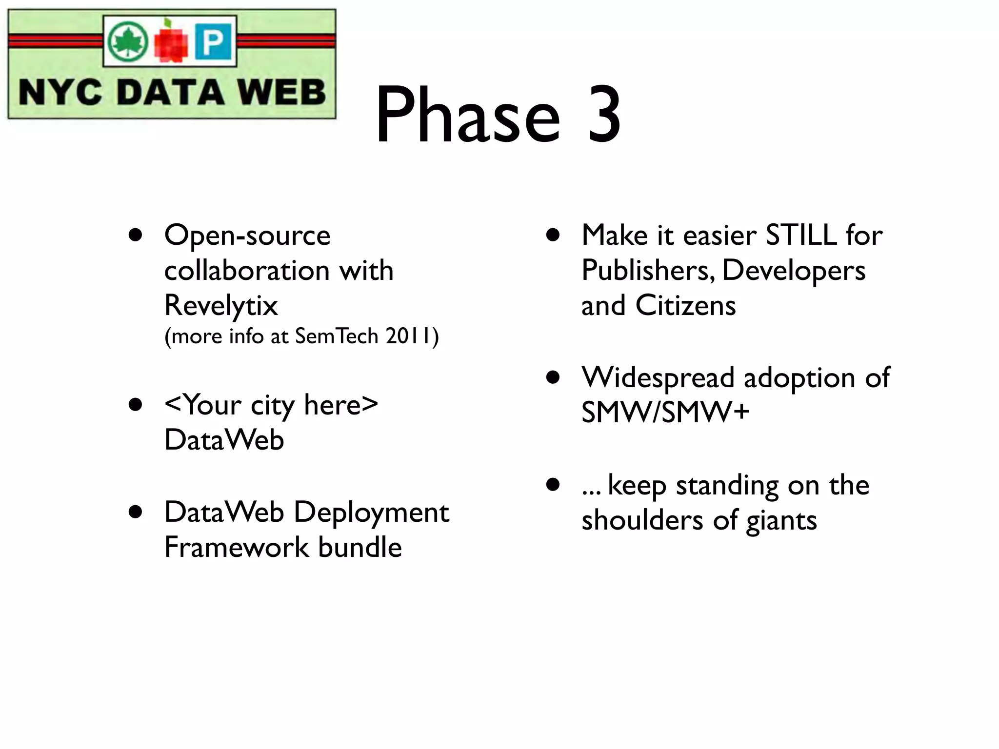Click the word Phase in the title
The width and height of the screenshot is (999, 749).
coord(467,116)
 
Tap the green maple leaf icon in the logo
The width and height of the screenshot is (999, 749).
coord(127,41)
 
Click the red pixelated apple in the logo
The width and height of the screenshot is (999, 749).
coord(171,43)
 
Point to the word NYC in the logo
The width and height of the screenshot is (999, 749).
coord(60,92)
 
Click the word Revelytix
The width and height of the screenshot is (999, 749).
coord(220,305)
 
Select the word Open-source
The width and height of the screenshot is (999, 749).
coord(247,236)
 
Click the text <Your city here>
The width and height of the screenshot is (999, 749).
coord(271,405)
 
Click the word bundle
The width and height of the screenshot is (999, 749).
coord(360,547)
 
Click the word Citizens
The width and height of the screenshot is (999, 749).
coord(685,306)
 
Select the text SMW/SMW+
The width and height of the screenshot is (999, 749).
coord(665,412)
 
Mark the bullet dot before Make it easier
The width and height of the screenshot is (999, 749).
coord(553,236)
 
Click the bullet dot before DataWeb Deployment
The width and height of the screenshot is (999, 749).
coord(136,512)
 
